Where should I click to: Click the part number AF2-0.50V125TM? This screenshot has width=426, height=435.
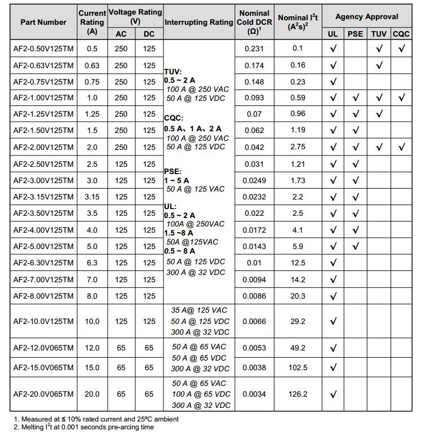point(43,48)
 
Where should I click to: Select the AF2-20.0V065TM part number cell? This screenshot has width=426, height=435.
point(43,394)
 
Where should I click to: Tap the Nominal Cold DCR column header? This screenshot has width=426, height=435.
point(254,22)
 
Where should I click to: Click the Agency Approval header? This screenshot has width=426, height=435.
point(366,16)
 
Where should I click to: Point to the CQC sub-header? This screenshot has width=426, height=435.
point(401,34)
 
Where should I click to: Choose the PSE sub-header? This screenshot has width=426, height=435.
point(356,34)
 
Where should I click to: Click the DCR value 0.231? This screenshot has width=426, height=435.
point(254,48)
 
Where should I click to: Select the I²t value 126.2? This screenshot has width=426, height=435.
point(298,394)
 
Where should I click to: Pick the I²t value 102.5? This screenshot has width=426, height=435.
point(298,367)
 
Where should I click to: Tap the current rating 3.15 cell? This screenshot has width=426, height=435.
point(92,197)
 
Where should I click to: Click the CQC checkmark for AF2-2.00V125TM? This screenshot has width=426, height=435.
point(401,148)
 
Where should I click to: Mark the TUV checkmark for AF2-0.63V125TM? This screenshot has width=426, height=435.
point(379,65)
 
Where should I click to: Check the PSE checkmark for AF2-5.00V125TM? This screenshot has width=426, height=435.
point(356,247)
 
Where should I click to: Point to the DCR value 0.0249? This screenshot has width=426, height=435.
point(254,181)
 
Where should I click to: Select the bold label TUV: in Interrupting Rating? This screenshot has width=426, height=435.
point(172,72)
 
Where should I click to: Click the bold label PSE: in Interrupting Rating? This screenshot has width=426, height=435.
point(173,171)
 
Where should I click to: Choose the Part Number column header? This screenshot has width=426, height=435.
point(43,22)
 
